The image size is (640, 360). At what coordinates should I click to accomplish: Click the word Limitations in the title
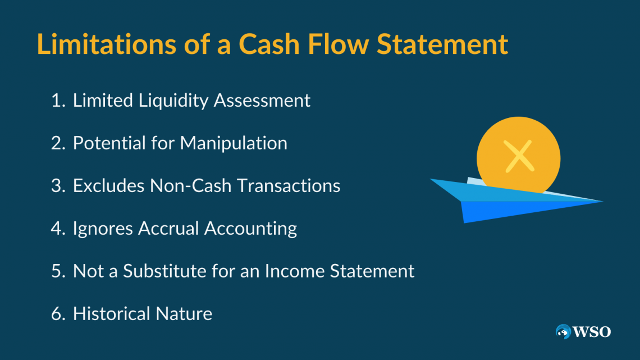tap(106, 44)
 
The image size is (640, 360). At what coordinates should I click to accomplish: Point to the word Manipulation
tap(234, 143)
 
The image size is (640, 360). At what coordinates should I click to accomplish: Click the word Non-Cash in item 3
tap(191, 186)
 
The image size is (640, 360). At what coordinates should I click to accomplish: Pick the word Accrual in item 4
tap(168, 229)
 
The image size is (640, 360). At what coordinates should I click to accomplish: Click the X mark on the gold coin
tap(519, 156)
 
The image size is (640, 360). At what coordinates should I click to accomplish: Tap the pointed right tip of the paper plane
tap(602, 201)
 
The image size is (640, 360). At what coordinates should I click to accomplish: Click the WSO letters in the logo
tap(592, 332)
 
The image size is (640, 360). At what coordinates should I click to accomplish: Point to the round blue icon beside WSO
tap(563, 332)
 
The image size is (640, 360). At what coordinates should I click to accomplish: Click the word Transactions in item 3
tap(289, 186)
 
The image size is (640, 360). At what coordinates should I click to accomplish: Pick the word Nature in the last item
tap(184, 314)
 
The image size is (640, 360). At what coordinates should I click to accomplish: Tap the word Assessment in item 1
tap(262, 101)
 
